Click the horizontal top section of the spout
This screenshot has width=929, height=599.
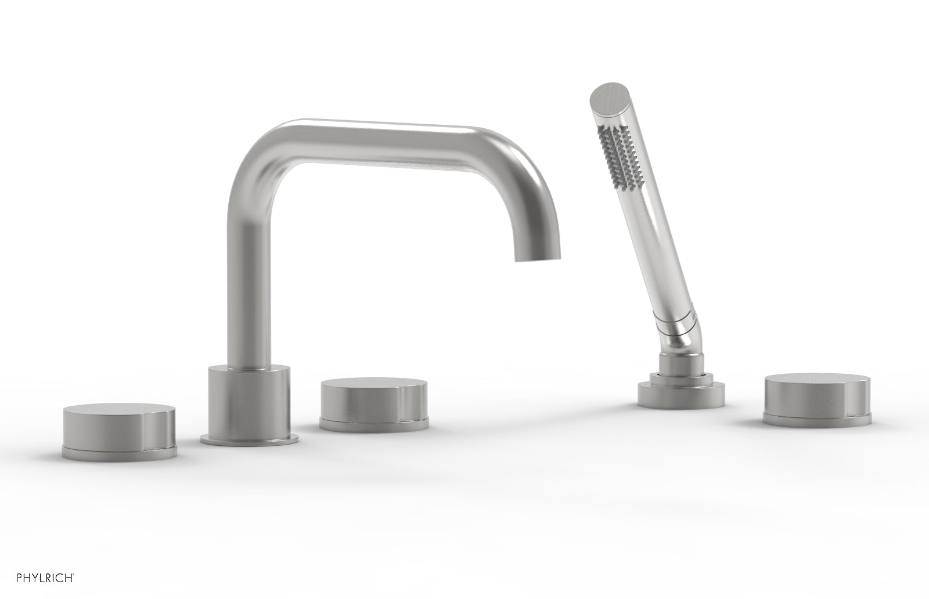pyautogui.click(x=395, y=131)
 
